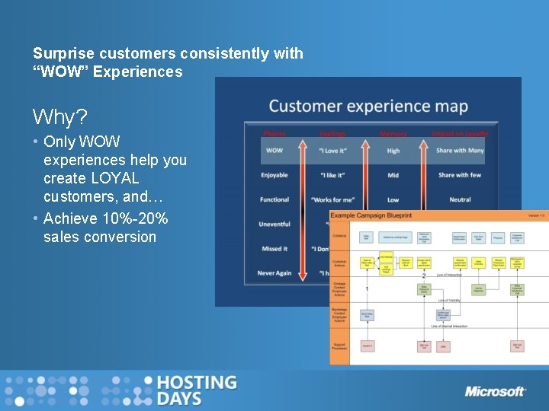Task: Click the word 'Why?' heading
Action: (59, 117)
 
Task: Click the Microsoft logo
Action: (496, 391)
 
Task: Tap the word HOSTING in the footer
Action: (196, 382)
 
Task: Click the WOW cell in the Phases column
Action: (274, 151)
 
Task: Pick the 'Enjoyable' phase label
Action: (274, 175)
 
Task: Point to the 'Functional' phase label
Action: (274, 199)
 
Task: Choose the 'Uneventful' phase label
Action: (274, 225)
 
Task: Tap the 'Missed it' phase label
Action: (274, 249)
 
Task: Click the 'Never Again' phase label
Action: (274, 273)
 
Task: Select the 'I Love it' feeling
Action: (332, 151)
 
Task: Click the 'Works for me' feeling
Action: (332, 199)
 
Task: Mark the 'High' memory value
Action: (393, 151)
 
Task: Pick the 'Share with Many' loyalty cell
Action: (460, 151)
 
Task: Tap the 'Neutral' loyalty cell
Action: (460, 199)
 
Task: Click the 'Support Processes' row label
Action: (339, 346)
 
